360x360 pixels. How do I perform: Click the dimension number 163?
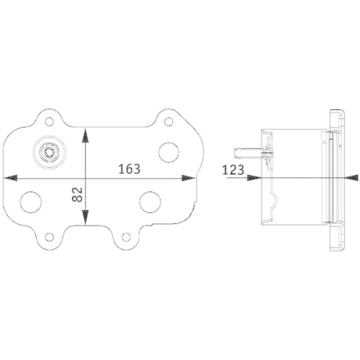coord(128,169)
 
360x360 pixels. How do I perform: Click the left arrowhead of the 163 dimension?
coord(10,177)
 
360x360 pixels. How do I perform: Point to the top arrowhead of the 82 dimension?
coord(86,134)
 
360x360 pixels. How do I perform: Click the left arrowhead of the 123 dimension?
coord(253,177)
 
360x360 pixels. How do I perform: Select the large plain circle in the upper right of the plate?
coord(168,150)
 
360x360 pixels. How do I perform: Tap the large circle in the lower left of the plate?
coord(30,202)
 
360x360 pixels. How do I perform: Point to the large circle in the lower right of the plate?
coord(150,202)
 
